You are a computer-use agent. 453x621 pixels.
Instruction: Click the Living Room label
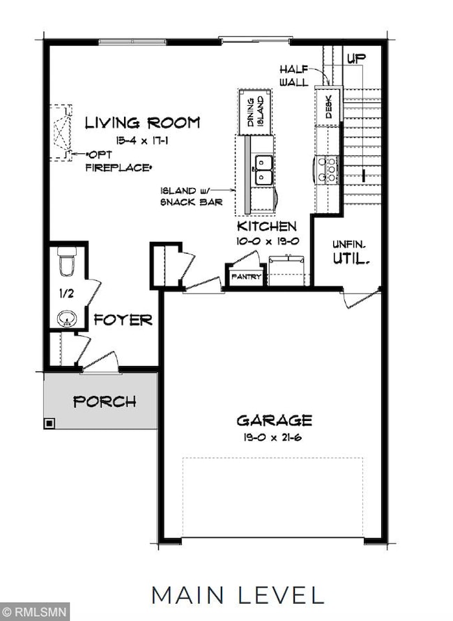142,123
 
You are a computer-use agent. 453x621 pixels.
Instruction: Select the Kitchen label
266,227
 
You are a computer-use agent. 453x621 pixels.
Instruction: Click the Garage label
274,420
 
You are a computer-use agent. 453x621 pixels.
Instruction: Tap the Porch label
105,402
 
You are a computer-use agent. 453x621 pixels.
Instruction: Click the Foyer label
123,321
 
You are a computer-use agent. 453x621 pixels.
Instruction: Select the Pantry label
246,277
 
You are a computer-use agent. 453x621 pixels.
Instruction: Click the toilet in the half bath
67,263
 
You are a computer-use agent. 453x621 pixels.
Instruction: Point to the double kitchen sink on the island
263,164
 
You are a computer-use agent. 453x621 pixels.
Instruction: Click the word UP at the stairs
356,59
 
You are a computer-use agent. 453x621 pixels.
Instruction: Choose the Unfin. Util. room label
349,252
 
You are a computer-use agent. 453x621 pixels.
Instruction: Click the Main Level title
238,595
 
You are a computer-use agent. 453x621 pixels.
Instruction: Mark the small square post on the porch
49,422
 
